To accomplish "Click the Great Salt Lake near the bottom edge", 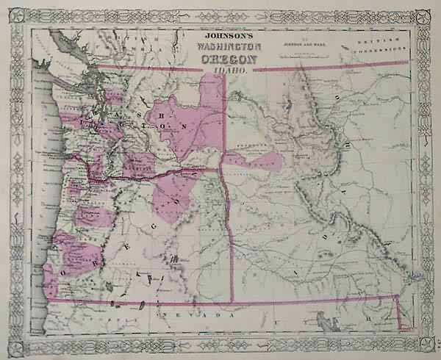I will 324,320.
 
